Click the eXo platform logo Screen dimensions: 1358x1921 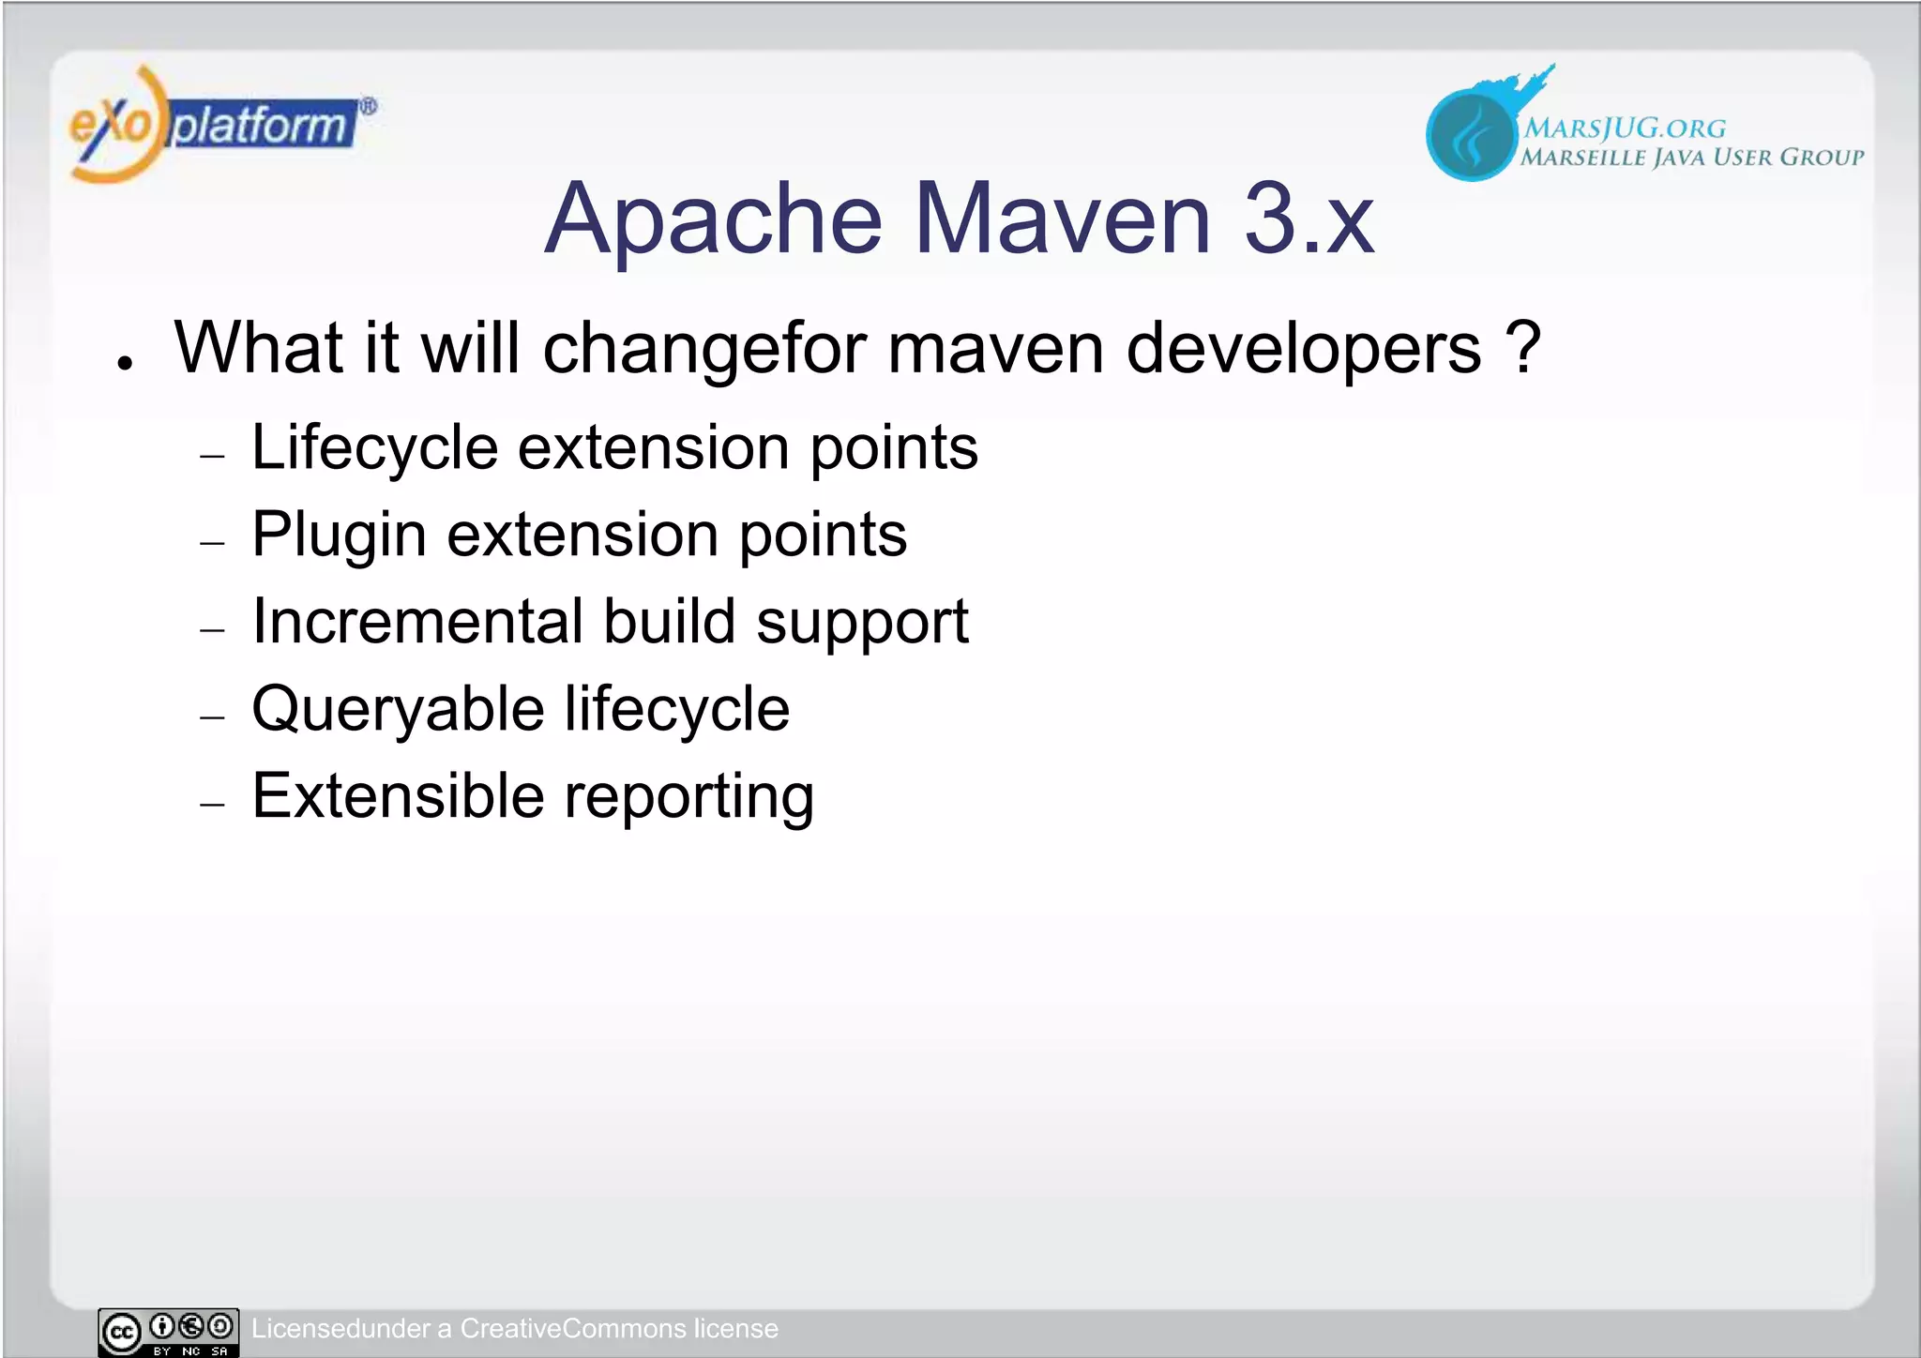(x=220, y=125)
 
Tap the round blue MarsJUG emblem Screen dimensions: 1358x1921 (x=1471, y=133)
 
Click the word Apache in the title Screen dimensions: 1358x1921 (x=713, y=219)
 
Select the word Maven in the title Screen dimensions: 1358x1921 (x=1063, y=219)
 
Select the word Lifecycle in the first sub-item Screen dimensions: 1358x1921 (x=374, y=448)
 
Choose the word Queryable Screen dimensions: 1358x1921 (x=398, y=710)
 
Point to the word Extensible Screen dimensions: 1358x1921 (x=398, y=796)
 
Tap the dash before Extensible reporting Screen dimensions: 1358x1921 (x=213, y=805)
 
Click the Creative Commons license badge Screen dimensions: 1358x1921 (x=168, y=1332)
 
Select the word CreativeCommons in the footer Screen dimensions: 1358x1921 (x=573, y=1329)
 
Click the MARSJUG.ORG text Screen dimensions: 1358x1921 (x=1625, y=128)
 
